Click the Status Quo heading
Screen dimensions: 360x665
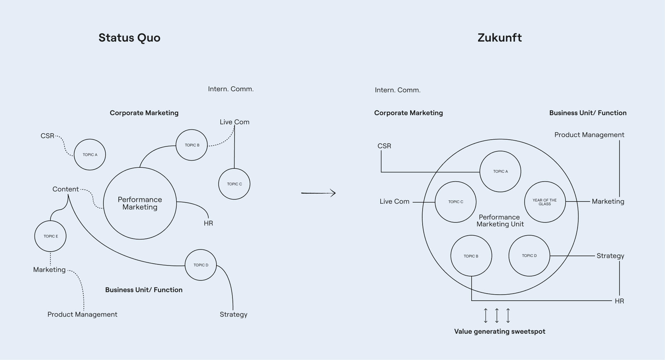(x=129, y=38)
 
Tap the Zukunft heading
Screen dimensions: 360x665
(x=499, y=38)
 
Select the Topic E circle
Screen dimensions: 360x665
(x=50, y=236)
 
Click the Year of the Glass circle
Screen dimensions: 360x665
(x=545, y=202)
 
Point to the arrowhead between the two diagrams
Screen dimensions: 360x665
(x=333, y=193)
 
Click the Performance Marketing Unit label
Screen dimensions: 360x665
(x=500, y=221)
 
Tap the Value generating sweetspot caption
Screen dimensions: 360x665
(x=499, y=332)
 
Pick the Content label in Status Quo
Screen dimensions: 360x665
(x=65, y=189)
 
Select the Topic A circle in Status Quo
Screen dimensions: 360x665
(x=90, y=155)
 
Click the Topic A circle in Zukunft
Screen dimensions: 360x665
(x=500, y=172)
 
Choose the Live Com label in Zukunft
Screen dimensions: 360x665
(x=394, y=202)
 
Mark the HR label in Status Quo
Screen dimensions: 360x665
(x=208, y=223)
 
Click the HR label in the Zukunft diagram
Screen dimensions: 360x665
(x=619, y=301)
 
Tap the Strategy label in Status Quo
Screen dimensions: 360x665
(x=233, y=315)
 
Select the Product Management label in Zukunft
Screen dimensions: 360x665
(x=589, y=135)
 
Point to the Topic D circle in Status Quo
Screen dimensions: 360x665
(x=201, y=265)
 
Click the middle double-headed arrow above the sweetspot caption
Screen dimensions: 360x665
(x=497, y=316)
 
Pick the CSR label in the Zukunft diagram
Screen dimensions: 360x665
(x=384, y=146)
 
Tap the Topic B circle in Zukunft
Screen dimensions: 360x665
(x=471, y=256)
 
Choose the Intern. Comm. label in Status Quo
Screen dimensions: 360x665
(x=231, y=89)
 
